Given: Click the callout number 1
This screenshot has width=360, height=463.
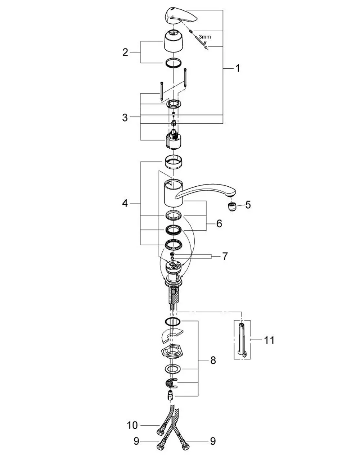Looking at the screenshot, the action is [238, 68].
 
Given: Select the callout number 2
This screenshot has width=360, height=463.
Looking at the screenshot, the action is [125, 52].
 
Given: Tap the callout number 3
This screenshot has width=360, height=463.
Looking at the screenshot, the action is [125, 117].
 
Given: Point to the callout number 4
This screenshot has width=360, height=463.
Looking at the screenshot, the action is [125, 203].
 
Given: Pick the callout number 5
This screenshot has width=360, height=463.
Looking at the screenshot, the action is [248, 205].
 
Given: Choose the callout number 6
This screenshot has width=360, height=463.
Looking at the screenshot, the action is [219, 223].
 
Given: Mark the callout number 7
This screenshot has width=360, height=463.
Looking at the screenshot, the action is [225, 256].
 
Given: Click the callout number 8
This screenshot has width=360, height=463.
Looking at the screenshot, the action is [213, 360].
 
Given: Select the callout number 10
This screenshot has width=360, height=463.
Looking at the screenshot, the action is [132, 425].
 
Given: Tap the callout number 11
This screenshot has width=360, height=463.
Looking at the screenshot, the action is [269, 340].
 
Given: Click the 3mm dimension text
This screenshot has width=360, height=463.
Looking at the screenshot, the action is [205, 37].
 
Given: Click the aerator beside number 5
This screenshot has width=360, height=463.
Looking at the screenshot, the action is [231, 207].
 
